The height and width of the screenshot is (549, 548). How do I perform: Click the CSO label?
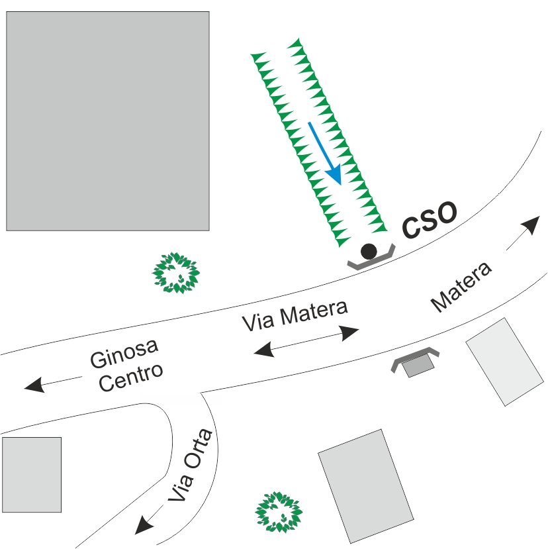click(430, 221)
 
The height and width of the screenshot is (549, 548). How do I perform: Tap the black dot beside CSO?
click(369, 252)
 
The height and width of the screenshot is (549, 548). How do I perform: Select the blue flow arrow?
click(325, 153)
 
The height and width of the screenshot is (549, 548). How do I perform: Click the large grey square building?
click(108, 121)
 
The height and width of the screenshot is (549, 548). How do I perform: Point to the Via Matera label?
click(295, 315)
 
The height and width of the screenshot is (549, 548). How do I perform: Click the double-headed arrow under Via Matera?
click(306, 339)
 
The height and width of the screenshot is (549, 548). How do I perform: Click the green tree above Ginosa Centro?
click(176, 272)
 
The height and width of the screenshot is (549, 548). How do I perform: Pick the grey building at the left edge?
click(31, 474)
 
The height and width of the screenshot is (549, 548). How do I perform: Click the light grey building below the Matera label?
click(504, 361)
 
